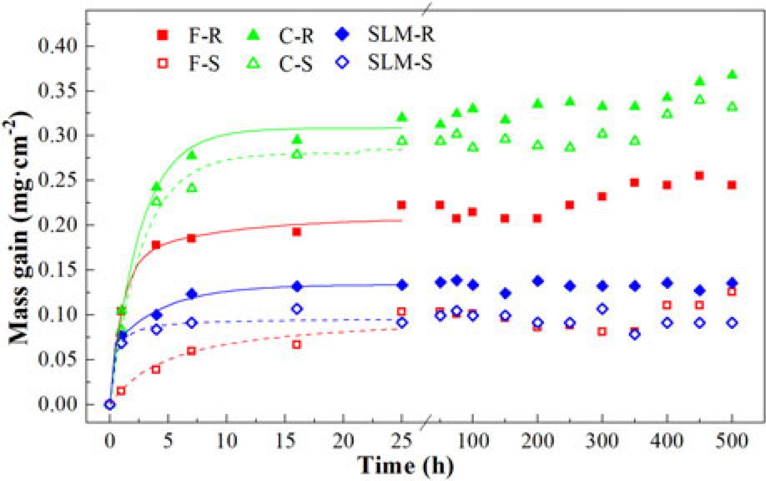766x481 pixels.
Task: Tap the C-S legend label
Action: coord(295,63)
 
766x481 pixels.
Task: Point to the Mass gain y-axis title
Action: coord(22,225)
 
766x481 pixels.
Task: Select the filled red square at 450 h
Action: coord(699,175)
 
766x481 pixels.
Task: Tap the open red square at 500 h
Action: coord(732,291)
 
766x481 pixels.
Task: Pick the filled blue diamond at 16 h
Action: coord(296,286)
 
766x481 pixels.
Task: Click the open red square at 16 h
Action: coord(296,344)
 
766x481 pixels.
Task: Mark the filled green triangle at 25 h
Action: coord(402,117)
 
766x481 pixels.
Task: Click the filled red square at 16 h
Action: coord(296,231)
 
